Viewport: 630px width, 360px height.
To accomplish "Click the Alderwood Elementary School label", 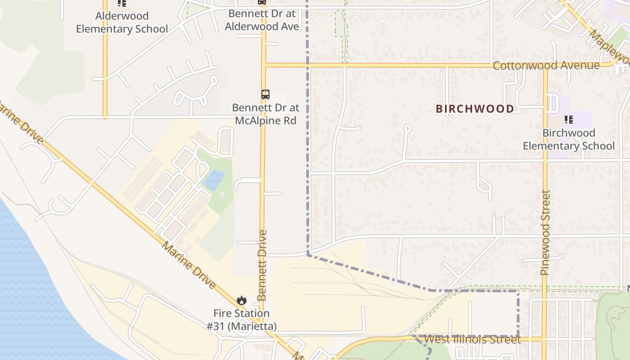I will (121, 22).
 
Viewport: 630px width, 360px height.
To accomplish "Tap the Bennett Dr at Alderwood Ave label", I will (262, 20).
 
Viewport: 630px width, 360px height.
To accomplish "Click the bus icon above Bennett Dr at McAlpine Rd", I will (265, 94).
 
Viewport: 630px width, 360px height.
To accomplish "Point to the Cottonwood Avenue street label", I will (546, 66).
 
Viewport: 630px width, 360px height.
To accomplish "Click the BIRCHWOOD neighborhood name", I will (475, 109).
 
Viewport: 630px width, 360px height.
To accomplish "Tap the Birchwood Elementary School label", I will (568, 139).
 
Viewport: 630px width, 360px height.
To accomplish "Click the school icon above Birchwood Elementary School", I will (569, 120).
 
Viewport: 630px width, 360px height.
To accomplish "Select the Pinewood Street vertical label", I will (545, 233).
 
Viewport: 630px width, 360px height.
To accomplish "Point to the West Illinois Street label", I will (472, 339).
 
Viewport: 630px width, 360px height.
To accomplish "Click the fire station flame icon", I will (242, 300).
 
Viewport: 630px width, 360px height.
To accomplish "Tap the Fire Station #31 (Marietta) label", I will (242, 319).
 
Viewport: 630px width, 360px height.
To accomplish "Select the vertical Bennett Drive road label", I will (262, 265).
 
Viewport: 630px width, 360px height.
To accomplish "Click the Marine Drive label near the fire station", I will (189, 265).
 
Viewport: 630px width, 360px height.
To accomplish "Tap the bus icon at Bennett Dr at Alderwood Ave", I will (262, 2).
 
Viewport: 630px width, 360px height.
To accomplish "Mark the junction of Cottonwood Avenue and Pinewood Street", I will (545, 66).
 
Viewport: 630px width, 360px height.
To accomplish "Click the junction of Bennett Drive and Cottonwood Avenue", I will (264, 66).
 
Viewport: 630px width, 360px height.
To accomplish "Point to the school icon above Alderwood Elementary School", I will (121, 3).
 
